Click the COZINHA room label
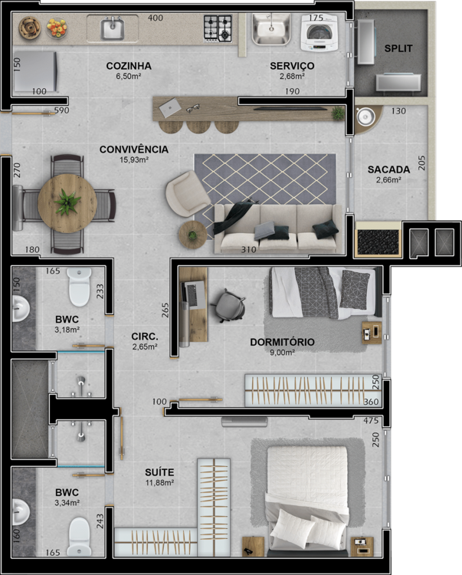(x=129, y=66)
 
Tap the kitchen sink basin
(x=112, y=29)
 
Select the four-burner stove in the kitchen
(x=218, y=28)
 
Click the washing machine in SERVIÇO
(x=319, y=32)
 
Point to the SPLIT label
(x=398, y=48)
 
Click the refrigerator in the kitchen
(x=35, y=71)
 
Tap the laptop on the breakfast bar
(x=170, y=108)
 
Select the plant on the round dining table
(x=67, y=202)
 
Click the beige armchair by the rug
(x=188, y=193)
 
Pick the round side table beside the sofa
(x=192, y=235)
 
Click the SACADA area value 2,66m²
(x=388, y=180)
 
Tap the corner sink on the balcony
(x=365, y=117)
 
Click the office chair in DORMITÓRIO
(x=231, y=305)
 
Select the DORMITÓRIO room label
(x=282, y=342)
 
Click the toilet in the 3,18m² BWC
(x=79, y=287)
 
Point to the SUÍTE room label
(x=159, y=472)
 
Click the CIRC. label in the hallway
(x=145, y=337)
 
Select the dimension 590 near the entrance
(x=61, y=110)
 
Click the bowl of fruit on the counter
(x=57, y=28)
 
